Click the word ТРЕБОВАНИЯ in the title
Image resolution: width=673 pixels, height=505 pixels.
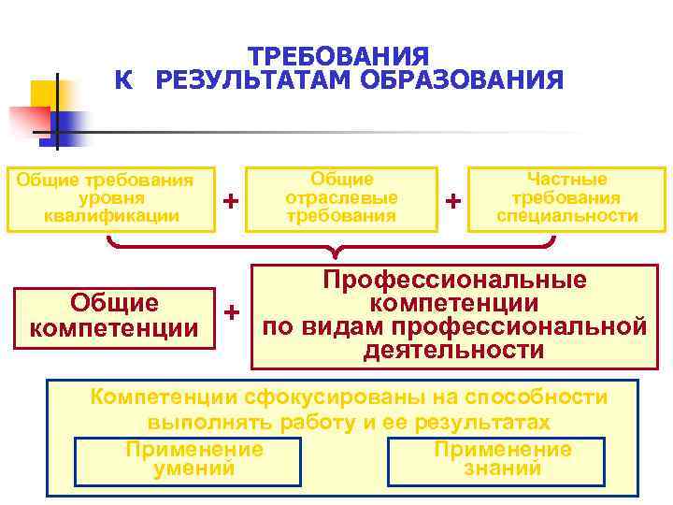339,56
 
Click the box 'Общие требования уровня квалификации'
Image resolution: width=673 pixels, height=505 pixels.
109,198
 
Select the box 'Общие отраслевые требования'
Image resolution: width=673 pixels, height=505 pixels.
341,198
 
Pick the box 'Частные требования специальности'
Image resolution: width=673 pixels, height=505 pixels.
567,198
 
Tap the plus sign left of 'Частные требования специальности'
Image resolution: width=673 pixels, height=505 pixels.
453,200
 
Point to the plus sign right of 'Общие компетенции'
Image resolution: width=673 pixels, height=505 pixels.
233,310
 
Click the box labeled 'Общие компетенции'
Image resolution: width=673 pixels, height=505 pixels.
114,316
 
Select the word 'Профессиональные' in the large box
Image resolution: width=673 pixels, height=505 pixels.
454,280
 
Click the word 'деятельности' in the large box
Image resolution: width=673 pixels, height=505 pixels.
454,351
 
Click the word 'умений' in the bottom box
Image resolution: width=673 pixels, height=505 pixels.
193,469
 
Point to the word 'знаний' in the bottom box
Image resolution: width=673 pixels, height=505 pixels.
502,469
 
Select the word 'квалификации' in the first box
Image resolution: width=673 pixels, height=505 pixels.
111,216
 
